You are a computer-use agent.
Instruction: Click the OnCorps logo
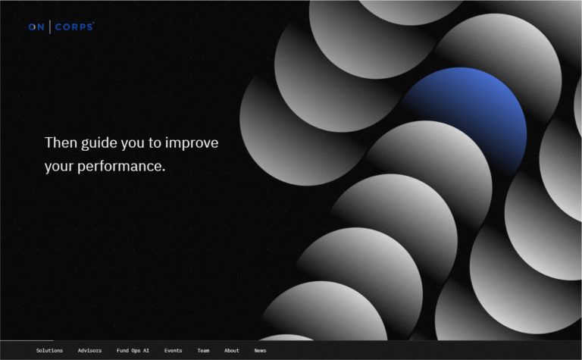[61, 27]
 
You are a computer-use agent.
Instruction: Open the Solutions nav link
[49, 351]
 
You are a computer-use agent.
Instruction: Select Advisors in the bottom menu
[89, 351]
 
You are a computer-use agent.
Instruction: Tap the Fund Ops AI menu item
[133, 351]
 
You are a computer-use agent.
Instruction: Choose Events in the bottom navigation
[173, 351]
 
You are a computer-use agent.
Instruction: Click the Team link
[203, 351]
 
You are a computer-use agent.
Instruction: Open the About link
[231, 351]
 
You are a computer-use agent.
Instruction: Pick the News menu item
[260, 351]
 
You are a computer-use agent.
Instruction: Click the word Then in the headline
[61, 142]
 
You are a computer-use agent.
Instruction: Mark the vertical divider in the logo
[51, 27]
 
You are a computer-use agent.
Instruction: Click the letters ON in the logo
[37, 27]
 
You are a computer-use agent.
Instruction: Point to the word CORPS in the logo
[74, 27]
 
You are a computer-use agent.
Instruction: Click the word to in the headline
[161, 143]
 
